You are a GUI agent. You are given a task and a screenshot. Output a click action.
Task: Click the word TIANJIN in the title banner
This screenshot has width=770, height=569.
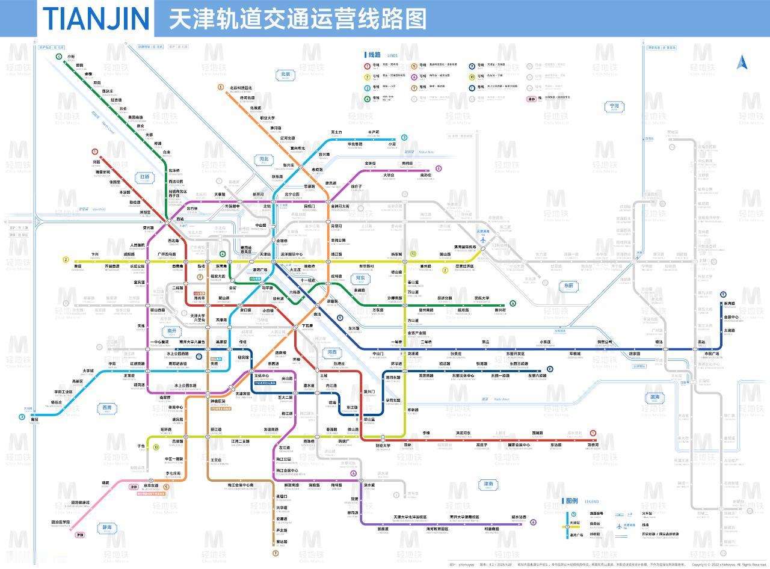tap(96, 18)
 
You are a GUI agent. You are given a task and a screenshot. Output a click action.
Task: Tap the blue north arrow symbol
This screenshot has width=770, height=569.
tap(741, 62)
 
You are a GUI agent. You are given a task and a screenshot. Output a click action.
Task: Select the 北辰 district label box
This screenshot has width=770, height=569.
tap(285, 75)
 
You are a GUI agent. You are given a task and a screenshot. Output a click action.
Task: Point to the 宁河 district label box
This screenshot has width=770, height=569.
tap(614, 106)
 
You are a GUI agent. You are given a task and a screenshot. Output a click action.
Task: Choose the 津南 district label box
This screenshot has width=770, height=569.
tap(488, 484)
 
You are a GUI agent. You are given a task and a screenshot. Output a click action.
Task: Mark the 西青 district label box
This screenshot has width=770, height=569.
tap(107, 408)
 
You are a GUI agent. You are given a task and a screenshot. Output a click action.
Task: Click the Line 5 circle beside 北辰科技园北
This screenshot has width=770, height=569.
tap(221, 88)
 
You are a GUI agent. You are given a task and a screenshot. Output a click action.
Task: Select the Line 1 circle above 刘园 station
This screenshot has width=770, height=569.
tap(94, 152)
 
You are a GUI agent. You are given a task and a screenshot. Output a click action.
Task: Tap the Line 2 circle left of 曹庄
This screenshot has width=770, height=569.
tap(66, 260)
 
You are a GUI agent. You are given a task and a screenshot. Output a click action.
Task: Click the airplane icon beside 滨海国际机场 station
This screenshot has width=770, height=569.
tap(482, 243)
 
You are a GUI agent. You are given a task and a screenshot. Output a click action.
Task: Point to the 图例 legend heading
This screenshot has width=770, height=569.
tap(571, 501)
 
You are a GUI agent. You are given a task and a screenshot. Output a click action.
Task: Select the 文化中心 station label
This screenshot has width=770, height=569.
tap(262, 376)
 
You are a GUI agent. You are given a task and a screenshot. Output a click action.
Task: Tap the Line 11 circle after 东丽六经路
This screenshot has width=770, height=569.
tap(550, 369)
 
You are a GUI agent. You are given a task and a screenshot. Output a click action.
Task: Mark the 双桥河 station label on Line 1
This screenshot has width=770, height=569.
tap(593, 445)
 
